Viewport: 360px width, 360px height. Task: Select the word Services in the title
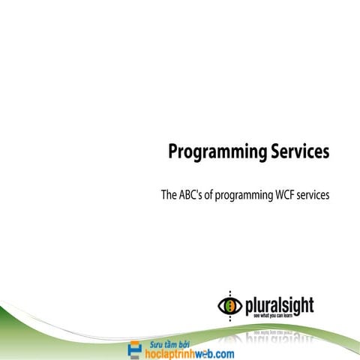(x=297, y=152)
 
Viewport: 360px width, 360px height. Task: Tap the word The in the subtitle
(x=169, y=196)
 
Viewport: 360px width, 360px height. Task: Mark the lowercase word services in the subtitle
(x=316, y=196)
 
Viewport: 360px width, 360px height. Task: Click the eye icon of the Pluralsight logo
(x=229, y=306)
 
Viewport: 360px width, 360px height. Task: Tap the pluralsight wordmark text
(x=279, y=305)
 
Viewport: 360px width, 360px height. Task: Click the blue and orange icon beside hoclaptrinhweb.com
(x=135, y=349)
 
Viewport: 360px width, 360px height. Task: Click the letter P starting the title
(x=173, y=152)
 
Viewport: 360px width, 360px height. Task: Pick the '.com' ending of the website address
(x=223, y=352)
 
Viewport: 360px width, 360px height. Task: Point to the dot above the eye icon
(x=229, y=292)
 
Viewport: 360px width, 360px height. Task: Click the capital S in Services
(x=269, y=152)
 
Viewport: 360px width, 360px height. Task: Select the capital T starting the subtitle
(x=164, y=196)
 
